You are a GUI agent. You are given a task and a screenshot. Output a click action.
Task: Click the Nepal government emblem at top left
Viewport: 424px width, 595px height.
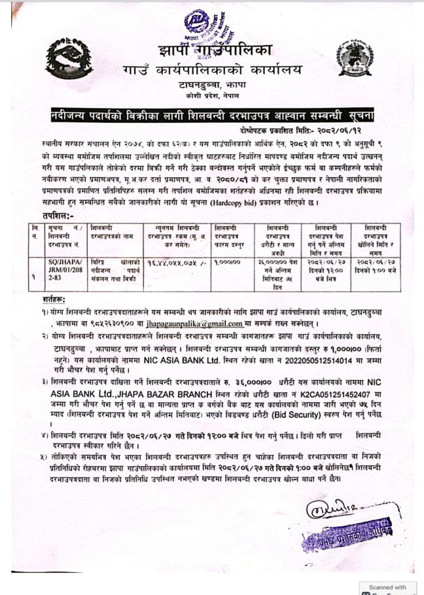63,57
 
